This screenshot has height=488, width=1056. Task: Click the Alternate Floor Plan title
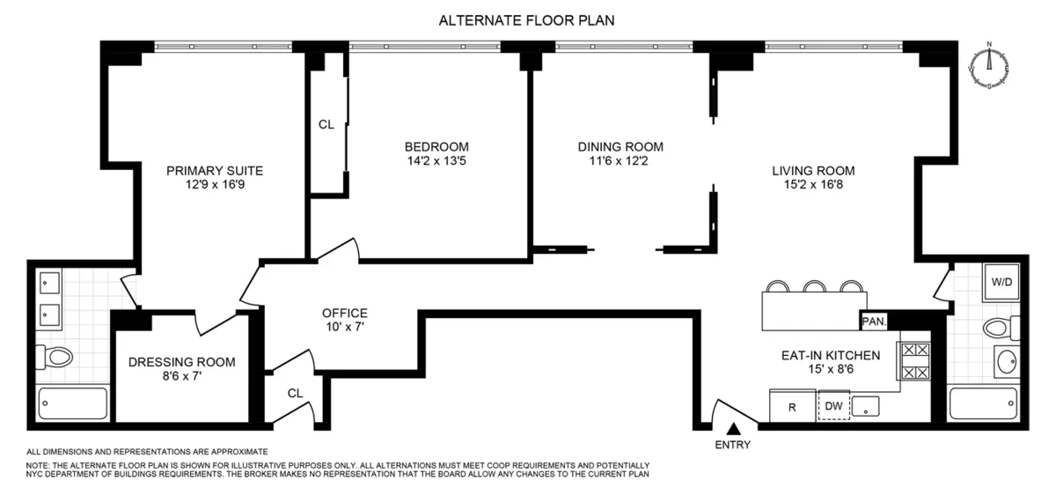527,20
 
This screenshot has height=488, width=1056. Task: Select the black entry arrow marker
733,428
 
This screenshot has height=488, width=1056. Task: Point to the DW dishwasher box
832,406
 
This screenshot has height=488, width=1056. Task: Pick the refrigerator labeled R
792,406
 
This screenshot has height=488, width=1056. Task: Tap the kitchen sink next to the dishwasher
869,406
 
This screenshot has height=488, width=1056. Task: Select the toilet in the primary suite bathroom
56,357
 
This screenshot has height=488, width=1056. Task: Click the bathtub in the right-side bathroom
984,403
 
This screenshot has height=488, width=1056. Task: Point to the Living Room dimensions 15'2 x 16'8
813,186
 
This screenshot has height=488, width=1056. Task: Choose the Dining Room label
620,146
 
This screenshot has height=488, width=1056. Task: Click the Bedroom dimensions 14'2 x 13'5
436,160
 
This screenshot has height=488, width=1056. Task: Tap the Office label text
344,313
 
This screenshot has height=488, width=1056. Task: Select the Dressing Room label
182,361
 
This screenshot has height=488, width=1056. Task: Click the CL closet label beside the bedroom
326,125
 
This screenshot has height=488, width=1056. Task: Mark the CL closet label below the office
296,394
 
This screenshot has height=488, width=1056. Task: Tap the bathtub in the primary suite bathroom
73,403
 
